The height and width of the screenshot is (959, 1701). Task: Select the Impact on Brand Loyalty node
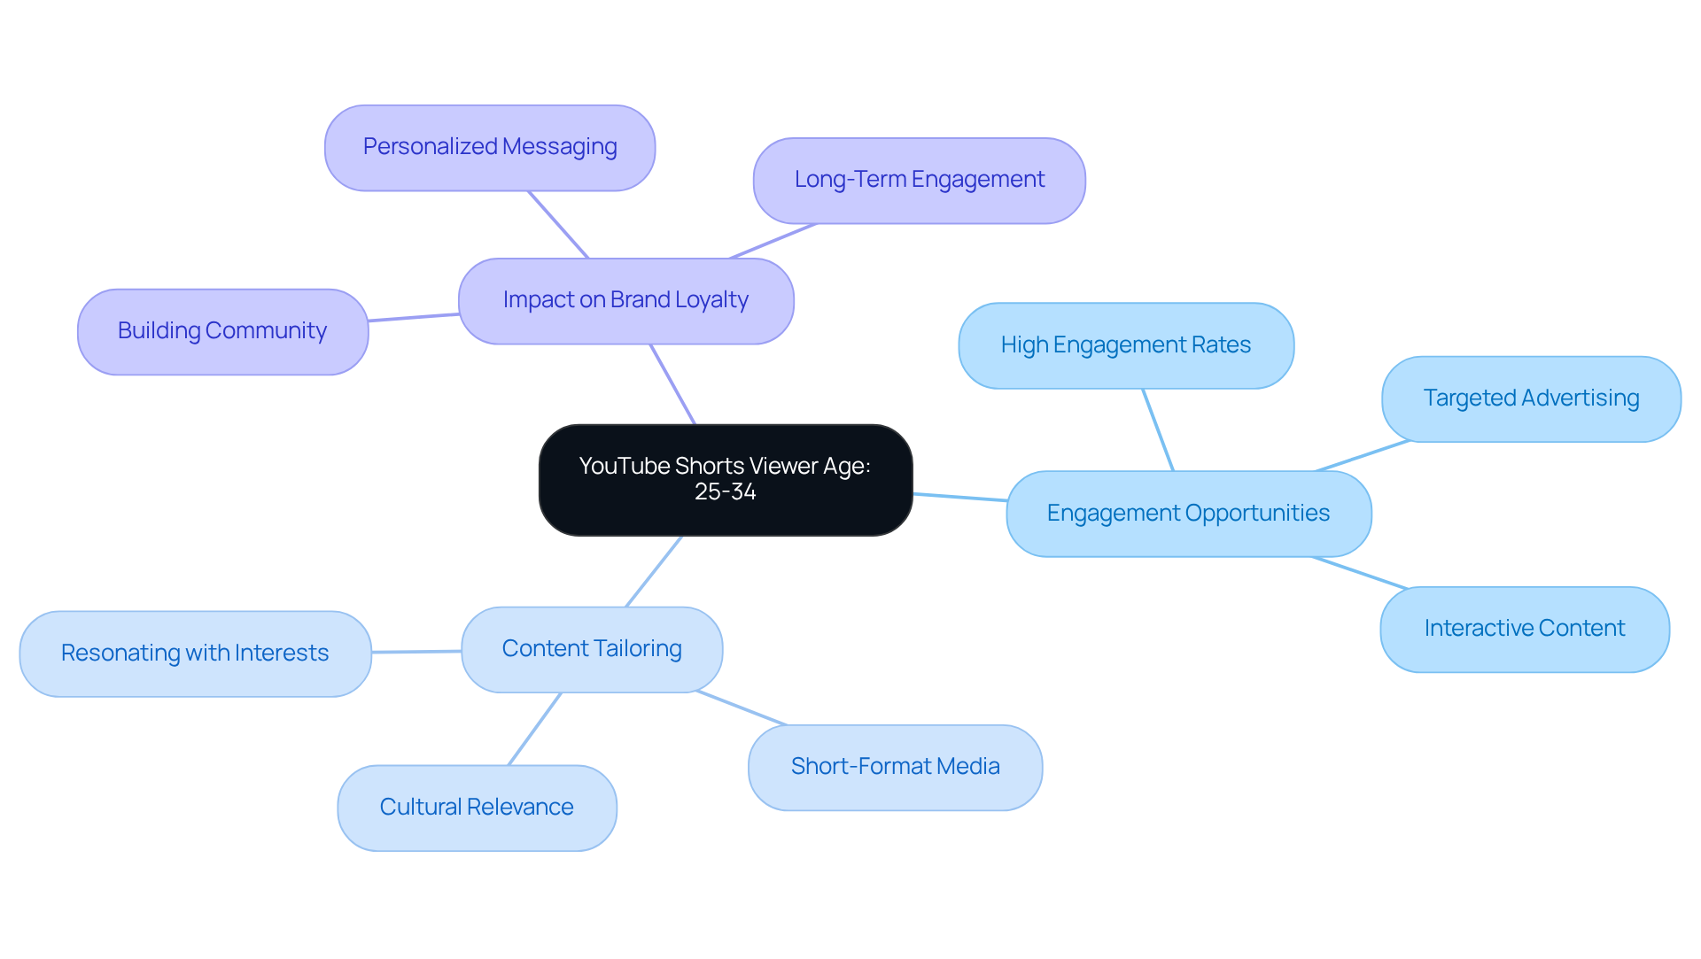tap(625, 301)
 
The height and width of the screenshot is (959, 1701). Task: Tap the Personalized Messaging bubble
tap(490, 148)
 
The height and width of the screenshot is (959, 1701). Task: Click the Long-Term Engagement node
tap(919, 181)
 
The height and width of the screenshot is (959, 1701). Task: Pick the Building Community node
tap(222, 332)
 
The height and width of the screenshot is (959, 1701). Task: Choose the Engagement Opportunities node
tap(1188, 514)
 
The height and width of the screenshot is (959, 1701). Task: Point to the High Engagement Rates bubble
tap(1125, 346)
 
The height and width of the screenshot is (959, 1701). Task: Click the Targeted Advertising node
tap(1530, 399)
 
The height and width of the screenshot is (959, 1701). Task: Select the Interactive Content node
tap(1524, 630)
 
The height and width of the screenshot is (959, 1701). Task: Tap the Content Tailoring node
tap(592, 650)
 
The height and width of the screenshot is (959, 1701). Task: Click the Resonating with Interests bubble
tap(195, 654)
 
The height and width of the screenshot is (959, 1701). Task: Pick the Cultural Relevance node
tap(477, 808)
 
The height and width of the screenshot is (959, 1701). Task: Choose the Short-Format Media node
tap(895, 768)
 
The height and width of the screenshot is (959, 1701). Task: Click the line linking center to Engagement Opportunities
tap(960, 498)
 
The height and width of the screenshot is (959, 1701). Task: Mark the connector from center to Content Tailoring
tap(654, 571)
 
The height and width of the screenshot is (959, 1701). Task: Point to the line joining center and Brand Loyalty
tap(673, 385)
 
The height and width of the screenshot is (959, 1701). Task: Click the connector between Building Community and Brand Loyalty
tap(414, 317)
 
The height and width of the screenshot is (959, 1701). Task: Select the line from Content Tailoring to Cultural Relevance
tap(535, 729)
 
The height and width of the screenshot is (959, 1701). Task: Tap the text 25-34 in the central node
tap(725, 492)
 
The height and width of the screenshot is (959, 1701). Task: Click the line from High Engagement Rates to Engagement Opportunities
tap(1158, 429)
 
